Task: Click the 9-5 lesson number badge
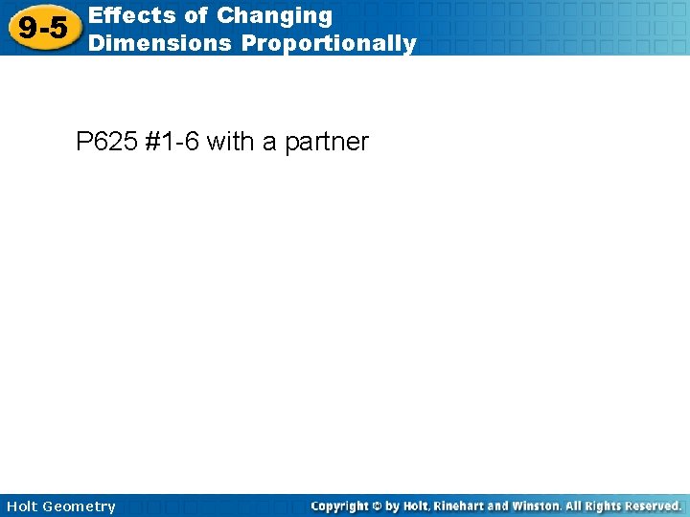(42, 28)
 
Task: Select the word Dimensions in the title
(159, 43)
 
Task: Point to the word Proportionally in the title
(329, 43)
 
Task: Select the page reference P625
(106, 143)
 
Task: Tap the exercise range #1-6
(172, 143)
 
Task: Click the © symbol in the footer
(386, 506)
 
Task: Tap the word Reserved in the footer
(655, 506)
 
